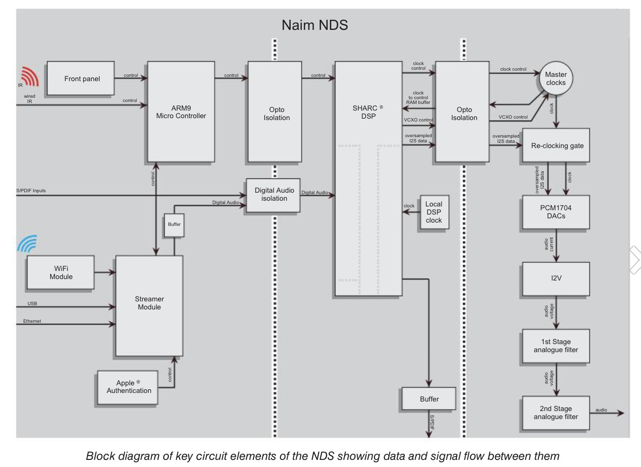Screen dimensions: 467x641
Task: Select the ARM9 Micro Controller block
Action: coord(181,112)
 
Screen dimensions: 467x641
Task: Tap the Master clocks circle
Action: coord(556,79)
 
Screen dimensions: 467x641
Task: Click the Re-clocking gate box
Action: coord(556,146)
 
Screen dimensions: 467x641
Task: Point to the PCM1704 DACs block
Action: coord(556,212)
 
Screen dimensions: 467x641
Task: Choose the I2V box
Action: coord(556,279)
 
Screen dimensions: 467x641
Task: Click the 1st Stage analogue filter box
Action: coord(556,346)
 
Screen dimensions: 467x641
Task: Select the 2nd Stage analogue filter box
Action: coord(556,413)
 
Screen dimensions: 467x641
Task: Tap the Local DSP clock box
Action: coord(434,212)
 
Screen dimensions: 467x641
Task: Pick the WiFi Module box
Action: coord(61,272)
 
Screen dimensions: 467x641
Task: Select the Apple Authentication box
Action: coord(128,387)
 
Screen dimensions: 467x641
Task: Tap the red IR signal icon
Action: coord(30,77)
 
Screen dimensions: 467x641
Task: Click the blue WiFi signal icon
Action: coord(28,244)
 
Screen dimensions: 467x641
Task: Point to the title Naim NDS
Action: coord(315,25)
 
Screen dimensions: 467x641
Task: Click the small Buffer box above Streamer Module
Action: coord(174,224)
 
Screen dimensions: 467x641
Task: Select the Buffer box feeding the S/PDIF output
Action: coord(428,399)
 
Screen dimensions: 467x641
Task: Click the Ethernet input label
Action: coord(32,321)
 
